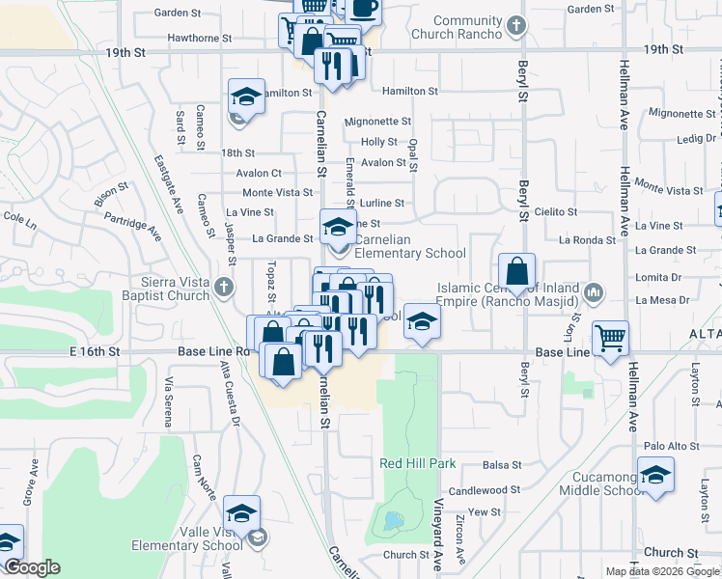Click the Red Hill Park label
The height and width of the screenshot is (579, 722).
[417, 463]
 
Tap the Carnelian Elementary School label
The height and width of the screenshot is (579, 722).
[410, 247]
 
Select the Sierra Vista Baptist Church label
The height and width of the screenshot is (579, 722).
[168, 289]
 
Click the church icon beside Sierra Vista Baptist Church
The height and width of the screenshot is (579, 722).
[224, 287]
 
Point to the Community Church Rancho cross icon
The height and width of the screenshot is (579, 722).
[516, 26]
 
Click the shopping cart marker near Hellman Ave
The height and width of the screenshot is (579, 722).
[610, 338]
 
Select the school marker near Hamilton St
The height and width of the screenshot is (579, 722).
[245, 96]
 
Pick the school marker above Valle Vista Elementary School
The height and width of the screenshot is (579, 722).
[242, 511]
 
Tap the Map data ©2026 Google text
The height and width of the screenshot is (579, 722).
[661, 571]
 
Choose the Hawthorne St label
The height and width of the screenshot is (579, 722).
[199, 39]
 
